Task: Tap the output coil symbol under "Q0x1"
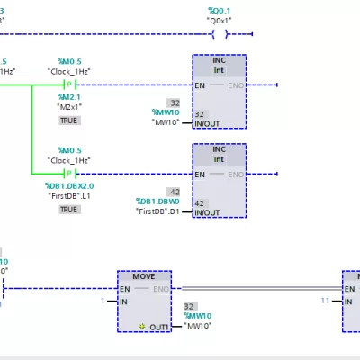pos(220,35)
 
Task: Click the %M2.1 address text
pos(69,96)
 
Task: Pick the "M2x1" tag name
pos(69,107)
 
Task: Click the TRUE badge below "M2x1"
pos(69,120)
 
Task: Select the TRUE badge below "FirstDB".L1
pos(69,209)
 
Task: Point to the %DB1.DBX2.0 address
pos(69,185)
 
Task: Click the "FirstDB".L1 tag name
pos(69,196)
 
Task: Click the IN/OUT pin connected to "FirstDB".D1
pos(206,212)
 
